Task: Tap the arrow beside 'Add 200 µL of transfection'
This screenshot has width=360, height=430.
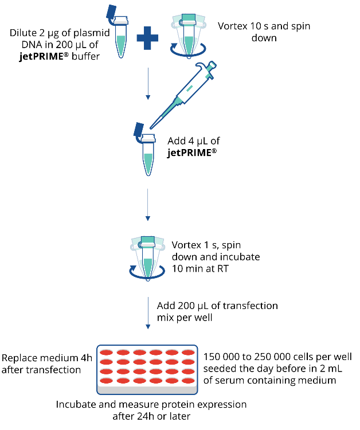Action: (148, 313)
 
